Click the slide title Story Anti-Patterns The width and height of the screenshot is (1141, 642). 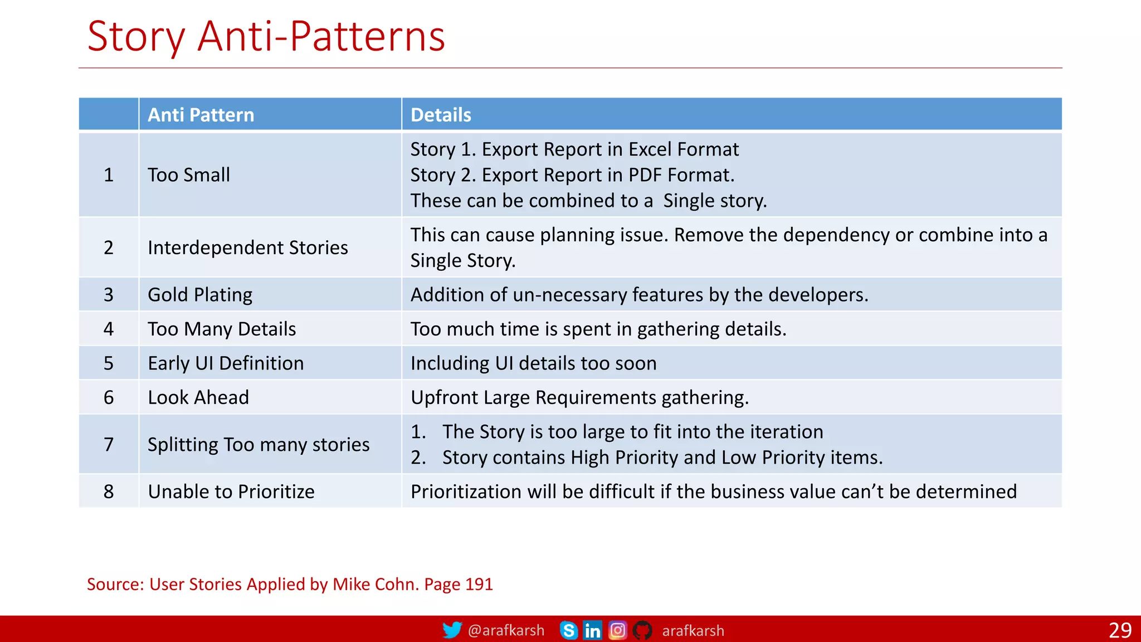click(x=266, y=37)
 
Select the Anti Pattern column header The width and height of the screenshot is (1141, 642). click(x=201, y=115)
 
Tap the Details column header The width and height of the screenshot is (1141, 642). click(x=441, y=115)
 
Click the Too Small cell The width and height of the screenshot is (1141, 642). click(x=188, y=175)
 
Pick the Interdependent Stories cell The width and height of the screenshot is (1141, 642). click(x=247, y=247)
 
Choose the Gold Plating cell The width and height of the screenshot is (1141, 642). click(x=199, y=295)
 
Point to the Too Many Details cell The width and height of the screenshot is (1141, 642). click(x=221, y=329)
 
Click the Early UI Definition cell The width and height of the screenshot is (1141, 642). click(x=226, y=363)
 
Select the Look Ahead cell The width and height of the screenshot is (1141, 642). click(x=198, y=397)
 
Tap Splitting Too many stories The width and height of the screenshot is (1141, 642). click(x=258, y=445)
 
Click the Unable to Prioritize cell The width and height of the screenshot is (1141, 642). click(x=231, y=492)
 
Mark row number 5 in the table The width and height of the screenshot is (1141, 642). click(x=109, y=363)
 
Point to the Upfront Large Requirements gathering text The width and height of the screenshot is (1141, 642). click(x=579, y=397)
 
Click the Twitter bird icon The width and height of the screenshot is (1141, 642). click(x=452, y=630)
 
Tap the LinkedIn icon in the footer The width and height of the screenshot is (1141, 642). click(x=592, y=630)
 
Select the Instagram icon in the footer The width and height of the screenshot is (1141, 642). click(x=617, y=630)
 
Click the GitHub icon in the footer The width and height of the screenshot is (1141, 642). click(x=642, y=630)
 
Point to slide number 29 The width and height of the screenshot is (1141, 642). click(x=1120, y=630)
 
